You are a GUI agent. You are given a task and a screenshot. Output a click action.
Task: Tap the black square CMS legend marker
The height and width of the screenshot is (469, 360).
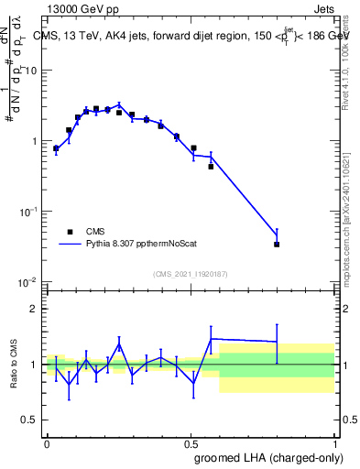[x=70, y=232]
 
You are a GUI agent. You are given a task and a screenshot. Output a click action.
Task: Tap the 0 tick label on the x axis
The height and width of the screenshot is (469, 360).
[x=47, y=442]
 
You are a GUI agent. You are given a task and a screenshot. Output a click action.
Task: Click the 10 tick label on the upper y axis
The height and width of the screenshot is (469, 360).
[x=31, y=71]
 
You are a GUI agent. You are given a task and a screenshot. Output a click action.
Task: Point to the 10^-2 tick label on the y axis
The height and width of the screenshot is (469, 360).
[x=28, y=281]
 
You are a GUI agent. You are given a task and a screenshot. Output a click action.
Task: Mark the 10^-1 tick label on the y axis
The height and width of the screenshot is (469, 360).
[x=28, y=212]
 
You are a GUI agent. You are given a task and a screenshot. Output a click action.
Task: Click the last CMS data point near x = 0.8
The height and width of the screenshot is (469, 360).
[x=277, y=245]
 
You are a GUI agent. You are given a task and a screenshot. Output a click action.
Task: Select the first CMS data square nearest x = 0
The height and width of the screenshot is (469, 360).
[x=56, y=147]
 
